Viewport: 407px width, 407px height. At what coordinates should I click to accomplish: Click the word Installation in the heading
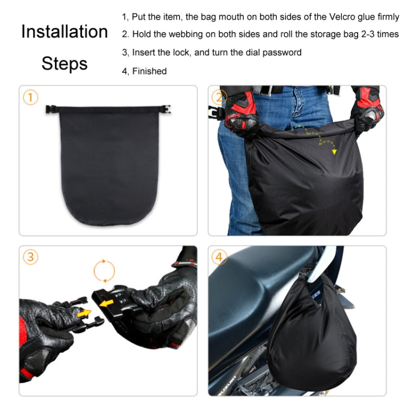point(64,31)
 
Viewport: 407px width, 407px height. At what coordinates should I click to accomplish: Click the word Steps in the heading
point(64,63)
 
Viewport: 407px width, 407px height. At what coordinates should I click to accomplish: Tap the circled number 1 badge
point(31,98)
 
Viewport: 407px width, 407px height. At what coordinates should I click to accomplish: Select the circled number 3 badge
point(31,257)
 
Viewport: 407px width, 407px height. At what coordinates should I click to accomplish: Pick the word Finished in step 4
point(149,71)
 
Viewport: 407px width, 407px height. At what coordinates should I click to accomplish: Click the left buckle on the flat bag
point(52,109)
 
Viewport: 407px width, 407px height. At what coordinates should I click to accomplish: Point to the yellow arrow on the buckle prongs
point(85,313)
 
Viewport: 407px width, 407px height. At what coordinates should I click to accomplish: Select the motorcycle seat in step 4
point(255,277)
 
